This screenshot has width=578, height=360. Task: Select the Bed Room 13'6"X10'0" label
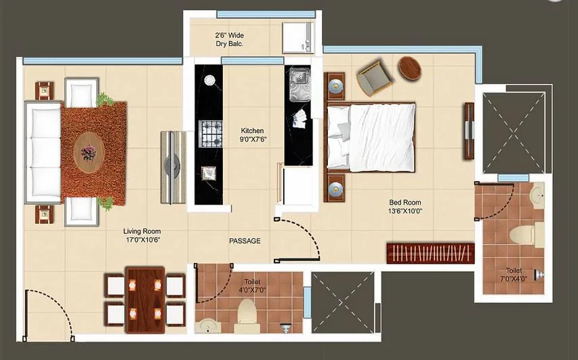(405, 206)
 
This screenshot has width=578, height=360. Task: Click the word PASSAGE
(244, 241)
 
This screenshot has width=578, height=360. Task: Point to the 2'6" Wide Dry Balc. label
(229, 39)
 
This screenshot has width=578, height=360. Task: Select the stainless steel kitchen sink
(297, 83)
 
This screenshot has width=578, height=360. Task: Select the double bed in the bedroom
(373, 136)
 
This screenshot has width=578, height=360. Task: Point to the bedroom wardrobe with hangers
(430, 252)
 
